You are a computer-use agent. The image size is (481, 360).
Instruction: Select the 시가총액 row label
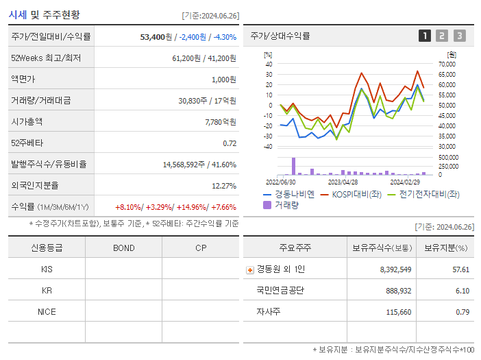tap(27, 121)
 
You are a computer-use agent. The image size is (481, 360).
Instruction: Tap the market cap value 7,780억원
tap(220, 121)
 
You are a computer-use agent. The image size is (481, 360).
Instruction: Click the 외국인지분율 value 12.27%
tap(224, 186)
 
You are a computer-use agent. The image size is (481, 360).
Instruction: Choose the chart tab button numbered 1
tap(425, 36)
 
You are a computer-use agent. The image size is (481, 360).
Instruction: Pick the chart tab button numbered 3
tap(459, 36)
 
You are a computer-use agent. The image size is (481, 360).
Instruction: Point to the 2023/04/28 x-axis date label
tap(343, 182)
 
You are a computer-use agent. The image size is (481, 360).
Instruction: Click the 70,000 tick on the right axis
tap(446, 64)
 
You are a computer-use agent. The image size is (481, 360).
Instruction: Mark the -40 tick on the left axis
tap(268, 146)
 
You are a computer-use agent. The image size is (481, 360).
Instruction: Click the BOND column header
tap(123, 248)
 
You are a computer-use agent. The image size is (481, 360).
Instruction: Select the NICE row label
tap(47, 311)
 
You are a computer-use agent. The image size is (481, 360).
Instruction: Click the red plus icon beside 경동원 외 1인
tap(249, 269)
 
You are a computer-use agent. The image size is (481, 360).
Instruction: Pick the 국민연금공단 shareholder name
tap(280, 291)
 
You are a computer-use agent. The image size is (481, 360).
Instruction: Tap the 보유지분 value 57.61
tap(460, 269)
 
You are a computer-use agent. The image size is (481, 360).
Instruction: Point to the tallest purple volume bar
tap(293, 167)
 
